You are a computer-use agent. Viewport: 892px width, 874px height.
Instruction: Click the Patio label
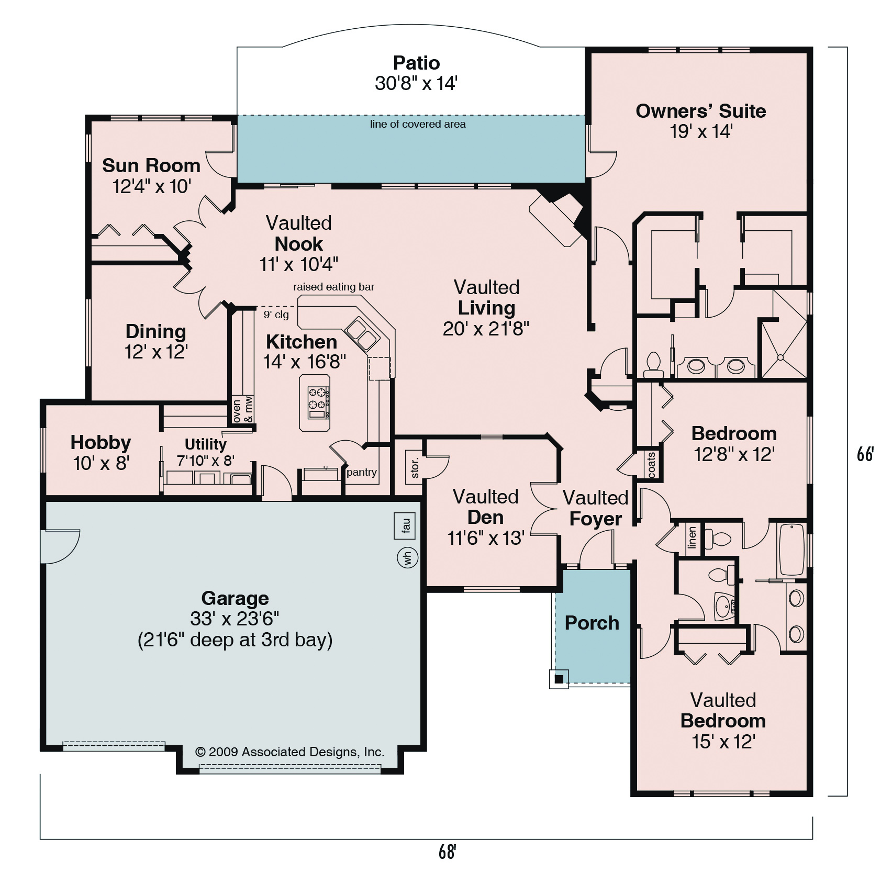point(416,63)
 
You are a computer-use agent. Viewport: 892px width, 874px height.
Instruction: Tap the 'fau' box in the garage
point(405,526)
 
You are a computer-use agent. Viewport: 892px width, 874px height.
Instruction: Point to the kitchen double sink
point(361,333)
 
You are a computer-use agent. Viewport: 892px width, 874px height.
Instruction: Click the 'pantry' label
point(361,472)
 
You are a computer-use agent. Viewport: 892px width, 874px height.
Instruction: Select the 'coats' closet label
point(652,465)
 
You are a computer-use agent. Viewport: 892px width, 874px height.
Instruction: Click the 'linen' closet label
point(693,537)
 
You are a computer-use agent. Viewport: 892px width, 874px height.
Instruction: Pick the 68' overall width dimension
point(447,852)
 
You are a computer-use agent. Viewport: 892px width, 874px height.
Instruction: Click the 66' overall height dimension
point(865,454)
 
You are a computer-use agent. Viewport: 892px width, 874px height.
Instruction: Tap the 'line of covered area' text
point(418,124)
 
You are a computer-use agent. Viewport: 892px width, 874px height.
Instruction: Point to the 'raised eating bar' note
point(333,287)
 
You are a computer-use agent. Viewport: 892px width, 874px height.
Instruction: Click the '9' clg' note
point(276,315)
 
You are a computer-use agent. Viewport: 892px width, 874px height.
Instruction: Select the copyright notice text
point(289,752)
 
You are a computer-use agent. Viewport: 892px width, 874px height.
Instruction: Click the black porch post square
point(559,679)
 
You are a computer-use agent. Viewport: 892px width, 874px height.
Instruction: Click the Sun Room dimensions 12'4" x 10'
point(152,186)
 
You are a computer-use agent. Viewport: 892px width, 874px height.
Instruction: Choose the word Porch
point(592,623)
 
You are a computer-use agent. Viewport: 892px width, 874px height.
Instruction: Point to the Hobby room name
point(101,443)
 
